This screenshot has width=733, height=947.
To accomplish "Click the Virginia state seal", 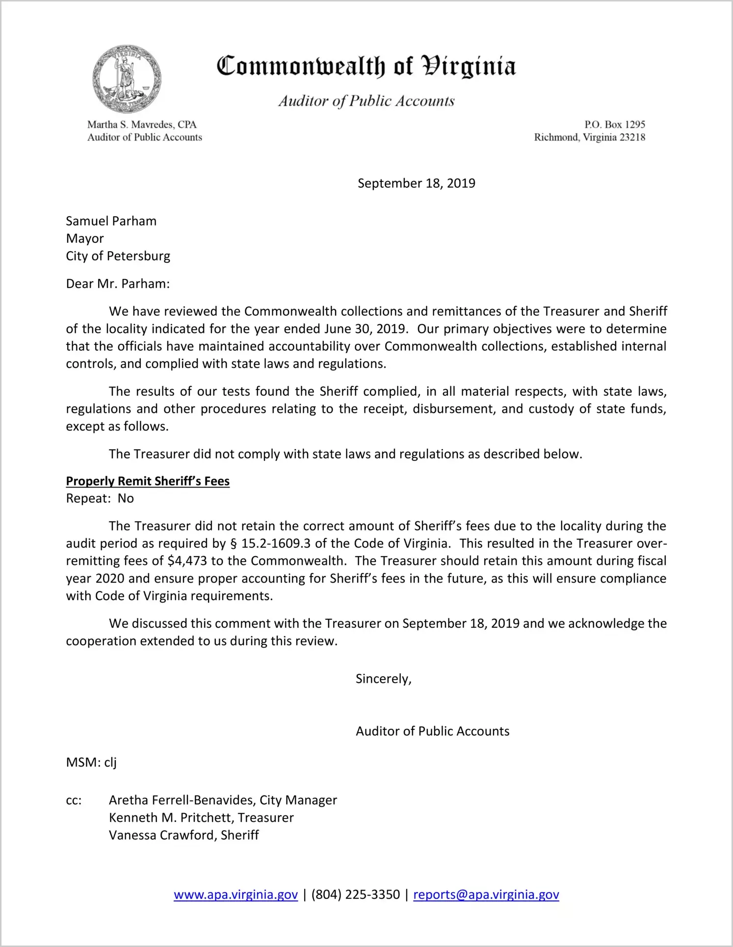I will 127,79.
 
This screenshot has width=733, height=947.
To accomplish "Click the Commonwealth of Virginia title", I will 366,66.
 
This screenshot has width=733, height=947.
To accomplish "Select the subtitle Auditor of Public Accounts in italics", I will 366,101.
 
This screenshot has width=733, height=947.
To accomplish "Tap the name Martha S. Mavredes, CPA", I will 142,125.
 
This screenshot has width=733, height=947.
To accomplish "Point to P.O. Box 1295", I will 614,125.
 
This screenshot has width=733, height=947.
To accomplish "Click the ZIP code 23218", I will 632,137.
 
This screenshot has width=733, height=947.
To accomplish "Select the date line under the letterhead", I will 416,183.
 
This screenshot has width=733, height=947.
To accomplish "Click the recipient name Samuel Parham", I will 111,221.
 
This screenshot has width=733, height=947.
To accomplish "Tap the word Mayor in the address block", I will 85,239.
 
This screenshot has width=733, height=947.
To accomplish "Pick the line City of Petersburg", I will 118,256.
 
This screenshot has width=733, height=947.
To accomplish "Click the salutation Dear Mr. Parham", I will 118,284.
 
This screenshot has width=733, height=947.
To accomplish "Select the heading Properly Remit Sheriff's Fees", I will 148,481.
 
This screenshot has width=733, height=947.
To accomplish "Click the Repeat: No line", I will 100,499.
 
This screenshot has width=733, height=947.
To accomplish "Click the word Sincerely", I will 383,679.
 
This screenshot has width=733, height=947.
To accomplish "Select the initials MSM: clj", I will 91,763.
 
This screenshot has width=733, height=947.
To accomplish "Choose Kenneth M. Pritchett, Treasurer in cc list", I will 201,818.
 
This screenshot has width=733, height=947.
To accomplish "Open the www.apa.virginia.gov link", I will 236,895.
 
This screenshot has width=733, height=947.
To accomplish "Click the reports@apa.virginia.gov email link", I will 486,895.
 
